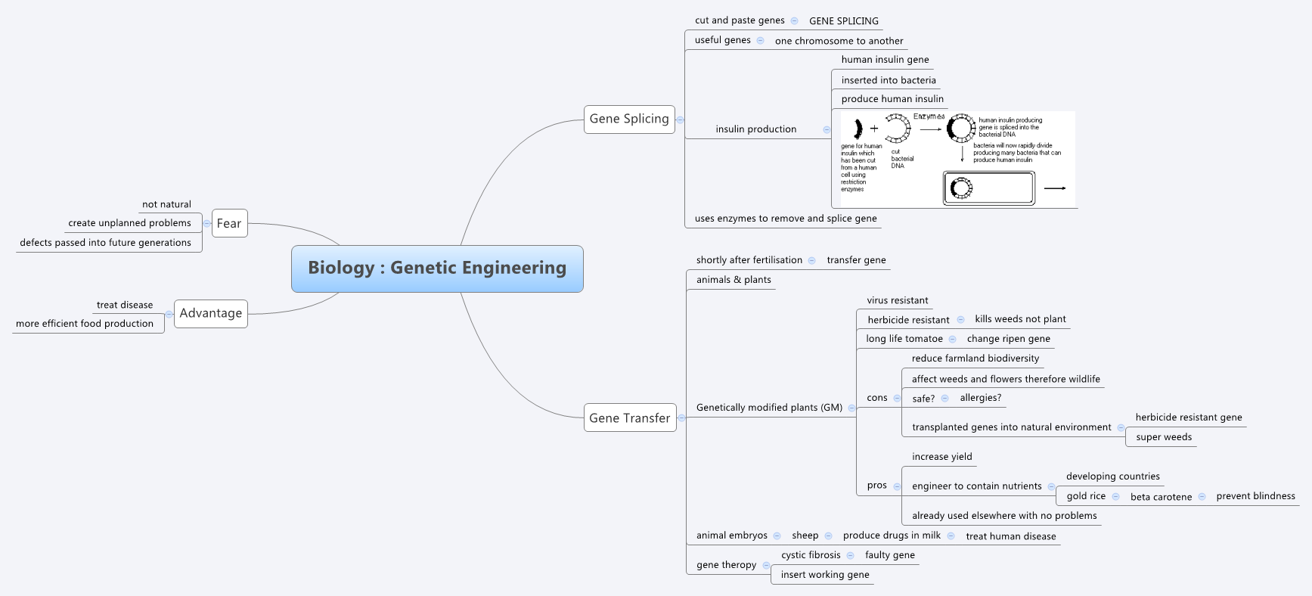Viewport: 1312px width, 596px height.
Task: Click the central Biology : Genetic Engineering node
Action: click(437, 269)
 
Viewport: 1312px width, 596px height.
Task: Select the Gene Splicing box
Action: click(629, 120)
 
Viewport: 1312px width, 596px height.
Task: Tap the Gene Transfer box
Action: click(629, 418)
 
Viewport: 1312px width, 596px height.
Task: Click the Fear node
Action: click(229, 224)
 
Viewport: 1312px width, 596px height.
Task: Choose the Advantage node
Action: click(211, 314)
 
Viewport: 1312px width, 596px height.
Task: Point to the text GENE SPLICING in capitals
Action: click(843, 21)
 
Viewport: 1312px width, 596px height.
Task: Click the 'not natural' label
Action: click(166, 205)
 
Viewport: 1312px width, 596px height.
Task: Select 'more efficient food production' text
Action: click(85, 324)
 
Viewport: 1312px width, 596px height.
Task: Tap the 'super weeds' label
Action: click(1163, 437)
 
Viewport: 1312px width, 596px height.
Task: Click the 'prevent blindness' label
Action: click(1255, 496)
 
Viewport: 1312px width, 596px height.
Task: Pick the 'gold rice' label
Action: click(1086, 496)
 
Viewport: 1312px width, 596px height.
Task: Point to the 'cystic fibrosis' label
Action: click(811, 555)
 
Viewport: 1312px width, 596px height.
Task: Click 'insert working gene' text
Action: click(825, 575)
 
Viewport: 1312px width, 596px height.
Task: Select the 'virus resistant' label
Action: click(897, 300)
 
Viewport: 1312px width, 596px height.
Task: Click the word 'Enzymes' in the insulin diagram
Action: click(929, 116)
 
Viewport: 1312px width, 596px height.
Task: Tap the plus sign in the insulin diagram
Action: click(874, 129)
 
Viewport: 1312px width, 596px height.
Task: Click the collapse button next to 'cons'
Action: click(897, 398)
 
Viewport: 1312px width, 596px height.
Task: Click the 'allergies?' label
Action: click(980, 398)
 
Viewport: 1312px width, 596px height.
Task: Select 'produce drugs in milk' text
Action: click(892, 535)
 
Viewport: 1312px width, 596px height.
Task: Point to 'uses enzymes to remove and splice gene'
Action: click(786, 219)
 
